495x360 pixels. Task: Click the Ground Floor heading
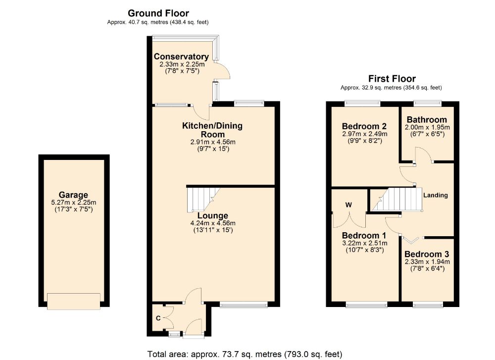[158, 13]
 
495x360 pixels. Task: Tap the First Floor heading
[392, 78]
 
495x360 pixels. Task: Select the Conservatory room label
[181, 56]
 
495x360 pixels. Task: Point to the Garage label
[73, 195]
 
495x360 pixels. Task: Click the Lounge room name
[213, 216]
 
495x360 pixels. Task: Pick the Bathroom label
[427, 120]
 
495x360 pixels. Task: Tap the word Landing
[435, 195]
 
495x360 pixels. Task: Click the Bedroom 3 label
[427, 254]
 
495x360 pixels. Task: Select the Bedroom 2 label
[364, 126]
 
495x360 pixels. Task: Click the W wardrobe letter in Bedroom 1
[348, 205]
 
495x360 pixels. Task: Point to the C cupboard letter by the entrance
[158, 318]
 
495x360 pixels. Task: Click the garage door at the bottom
[74, 301]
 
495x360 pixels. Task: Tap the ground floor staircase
[203, 200]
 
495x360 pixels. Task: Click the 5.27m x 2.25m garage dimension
[74, 203]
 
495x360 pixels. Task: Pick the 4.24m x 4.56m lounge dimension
[213, 223]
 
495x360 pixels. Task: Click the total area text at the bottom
[245, 355]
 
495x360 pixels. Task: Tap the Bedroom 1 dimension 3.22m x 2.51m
[365, 243]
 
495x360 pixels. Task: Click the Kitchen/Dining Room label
[212, 129]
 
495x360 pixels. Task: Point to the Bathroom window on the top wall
[428, 103]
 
